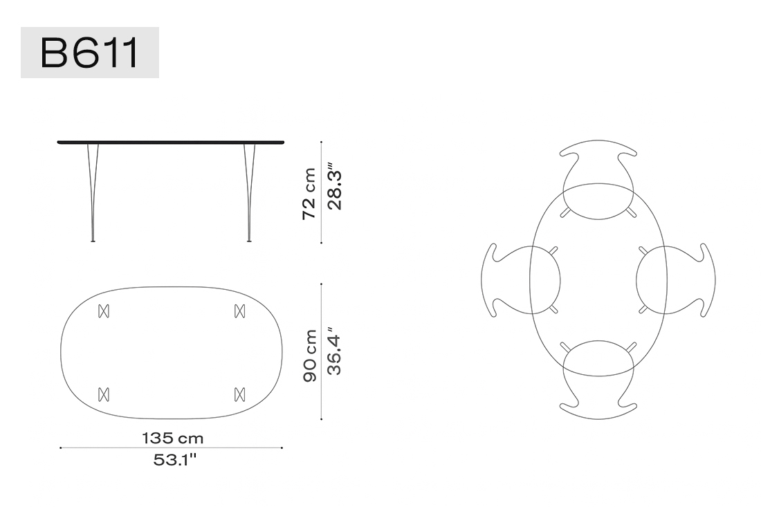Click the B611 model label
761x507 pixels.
90,53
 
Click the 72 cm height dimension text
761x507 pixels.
309,194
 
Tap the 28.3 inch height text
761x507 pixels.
334,187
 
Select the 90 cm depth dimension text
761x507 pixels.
310,356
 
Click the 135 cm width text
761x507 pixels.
173,439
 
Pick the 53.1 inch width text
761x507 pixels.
175,460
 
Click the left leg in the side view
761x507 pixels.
93,192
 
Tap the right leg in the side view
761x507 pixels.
250,192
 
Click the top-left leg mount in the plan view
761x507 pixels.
104,311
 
